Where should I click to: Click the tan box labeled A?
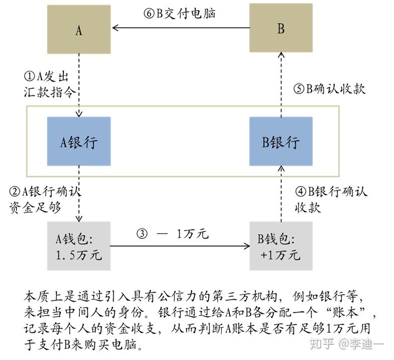click(79, 29)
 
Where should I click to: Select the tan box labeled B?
click(281, 29)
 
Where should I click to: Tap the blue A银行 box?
click(79, 142)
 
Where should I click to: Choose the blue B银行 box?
click(281, 142)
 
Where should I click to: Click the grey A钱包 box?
click(79, 247)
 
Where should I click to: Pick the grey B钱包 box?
click(281, 247)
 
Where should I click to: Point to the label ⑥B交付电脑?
click(179, 14)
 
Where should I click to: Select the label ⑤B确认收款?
click(329, 89)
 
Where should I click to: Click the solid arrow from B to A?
click(180, 28)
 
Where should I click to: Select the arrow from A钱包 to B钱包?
click(180, 246)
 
